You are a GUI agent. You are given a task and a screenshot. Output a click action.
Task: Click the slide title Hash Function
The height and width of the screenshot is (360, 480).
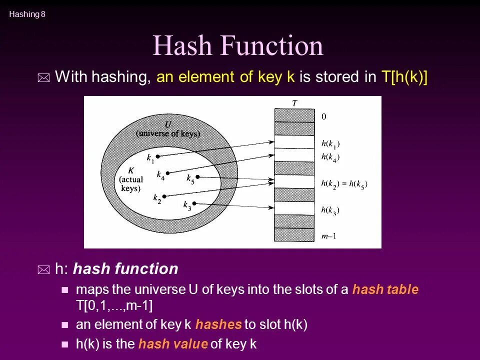point(238,46)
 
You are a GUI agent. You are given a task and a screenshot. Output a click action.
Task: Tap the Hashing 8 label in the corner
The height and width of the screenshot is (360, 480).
point(27,14)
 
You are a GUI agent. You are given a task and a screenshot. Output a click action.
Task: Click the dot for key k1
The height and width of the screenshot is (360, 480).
point(158,156)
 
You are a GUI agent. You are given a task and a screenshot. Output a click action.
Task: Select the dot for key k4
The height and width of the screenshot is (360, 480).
point(168,173)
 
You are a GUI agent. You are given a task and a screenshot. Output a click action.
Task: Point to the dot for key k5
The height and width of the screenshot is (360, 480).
point(198,177)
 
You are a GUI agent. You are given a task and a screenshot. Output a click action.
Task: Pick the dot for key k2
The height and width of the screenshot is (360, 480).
point(163,195)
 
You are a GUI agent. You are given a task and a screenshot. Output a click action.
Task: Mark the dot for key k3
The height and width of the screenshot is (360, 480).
point(194,203)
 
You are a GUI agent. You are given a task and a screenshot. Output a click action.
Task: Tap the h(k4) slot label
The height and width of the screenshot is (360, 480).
point(330,157)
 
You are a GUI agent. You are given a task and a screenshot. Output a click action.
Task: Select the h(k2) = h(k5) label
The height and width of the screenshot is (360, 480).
point(344,184)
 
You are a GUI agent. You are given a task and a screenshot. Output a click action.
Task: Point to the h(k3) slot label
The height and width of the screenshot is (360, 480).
point(330,210)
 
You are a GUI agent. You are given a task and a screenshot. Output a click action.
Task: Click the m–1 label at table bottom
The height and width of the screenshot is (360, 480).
point(328,236)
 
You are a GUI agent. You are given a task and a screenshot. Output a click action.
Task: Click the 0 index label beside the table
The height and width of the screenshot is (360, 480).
point(323,116)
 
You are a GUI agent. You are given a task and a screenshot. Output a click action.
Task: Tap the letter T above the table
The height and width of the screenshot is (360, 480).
point(294,103)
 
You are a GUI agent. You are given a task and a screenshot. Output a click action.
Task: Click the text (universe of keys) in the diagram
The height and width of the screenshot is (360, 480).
point(168,133)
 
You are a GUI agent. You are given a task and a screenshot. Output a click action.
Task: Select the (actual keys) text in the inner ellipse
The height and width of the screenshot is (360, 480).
point(131,184)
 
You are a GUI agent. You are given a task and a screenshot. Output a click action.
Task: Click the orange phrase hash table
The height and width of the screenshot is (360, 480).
point(385,289)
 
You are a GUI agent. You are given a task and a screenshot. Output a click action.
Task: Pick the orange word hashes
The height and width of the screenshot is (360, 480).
point(218,324)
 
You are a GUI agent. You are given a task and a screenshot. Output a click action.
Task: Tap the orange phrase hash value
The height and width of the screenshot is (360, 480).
point(173,344)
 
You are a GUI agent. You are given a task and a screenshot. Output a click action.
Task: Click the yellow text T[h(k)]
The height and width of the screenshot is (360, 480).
point(404,77)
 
